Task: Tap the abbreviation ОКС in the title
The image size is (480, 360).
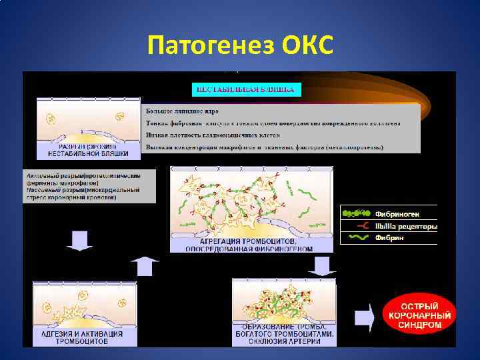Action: click(x=307, y=47)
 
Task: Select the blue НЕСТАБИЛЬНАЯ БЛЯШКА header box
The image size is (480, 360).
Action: click(x=247, y=89)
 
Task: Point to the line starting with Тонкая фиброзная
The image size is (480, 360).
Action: click(x=273, y=123)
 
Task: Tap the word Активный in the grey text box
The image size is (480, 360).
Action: click(x=40, y=175)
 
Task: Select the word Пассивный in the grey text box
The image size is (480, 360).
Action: click(x=41, y=190)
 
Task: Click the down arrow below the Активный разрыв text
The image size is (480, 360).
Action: click(x=79, y=241)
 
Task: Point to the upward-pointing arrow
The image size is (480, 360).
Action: click(x=145, y=265)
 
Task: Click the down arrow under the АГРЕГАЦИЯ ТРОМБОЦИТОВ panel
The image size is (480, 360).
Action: click(x=323, y=265)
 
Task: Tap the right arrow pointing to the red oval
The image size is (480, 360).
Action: click(x=364, y=317)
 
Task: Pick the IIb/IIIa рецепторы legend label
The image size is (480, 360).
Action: click(x=406, y=226)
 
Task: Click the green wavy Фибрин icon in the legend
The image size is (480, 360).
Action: click(x=356, y=237)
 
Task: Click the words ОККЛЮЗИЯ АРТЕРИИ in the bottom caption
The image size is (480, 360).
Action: click(x=283, y=341)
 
